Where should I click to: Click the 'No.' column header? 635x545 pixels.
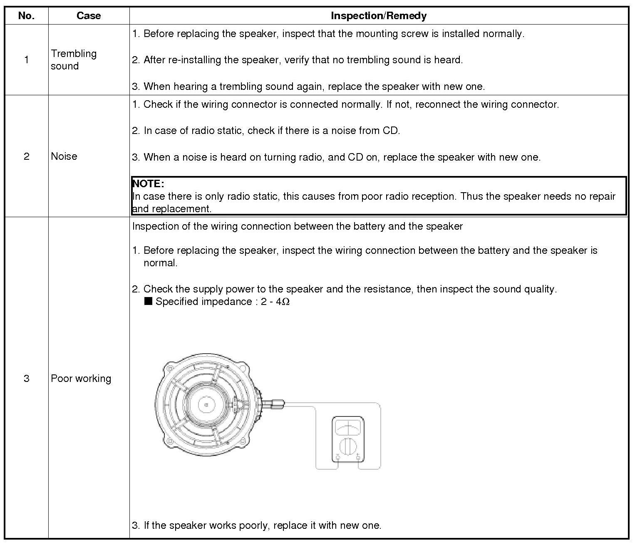coord(26,16)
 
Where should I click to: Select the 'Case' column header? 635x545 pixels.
coord(89,16)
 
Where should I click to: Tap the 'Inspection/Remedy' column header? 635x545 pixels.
coord(379,16)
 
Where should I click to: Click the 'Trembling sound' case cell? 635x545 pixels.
coord(74,59)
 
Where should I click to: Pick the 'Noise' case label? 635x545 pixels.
coord(64,156)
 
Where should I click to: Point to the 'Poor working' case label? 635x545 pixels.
coord(81,378)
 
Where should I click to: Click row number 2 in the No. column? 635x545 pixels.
coord(26,156)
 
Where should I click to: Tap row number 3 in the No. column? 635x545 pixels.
coord(26,378)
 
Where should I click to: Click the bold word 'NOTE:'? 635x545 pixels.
coord(148,183)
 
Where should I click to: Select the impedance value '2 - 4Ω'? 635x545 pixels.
coord(275,302)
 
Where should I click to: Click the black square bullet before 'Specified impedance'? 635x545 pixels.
coord(148,301)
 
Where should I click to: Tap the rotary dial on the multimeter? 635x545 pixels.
coord(348,447)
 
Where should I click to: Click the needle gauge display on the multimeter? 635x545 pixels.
coord(348,427)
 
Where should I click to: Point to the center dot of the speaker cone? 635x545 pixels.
coord(206,404)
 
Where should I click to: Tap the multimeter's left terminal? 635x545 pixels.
coord(337,458)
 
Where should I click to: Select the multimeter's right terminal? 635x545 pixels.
coord(359,458)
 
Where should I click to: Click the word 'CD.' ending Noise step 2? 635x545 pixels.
coord(391,131)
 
